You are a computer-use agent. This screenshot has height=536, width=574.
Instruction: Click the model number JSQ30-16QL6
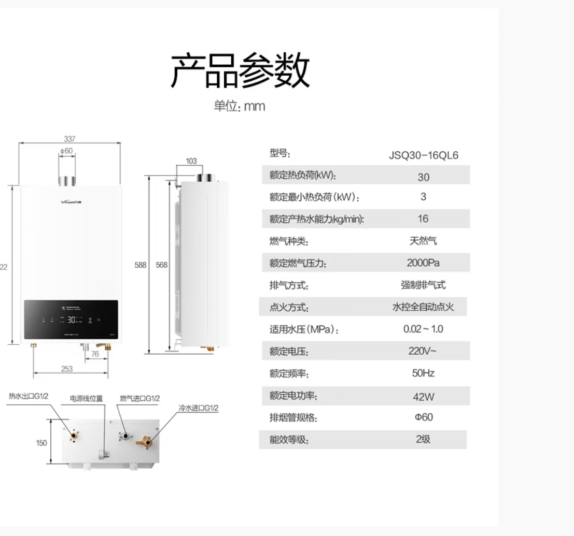click(423, 155)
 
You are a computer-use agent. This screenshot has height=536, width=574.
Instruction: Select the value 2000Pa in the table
click(423, 263)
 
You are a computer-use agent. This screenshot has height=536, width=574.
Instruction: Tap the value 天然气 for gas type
click(423, 241)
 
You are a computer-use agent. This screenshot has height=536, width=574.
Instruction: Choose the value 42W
click(423, 397)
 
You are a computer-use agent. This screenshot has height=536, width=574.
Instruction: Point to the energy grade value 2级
click(423, 439)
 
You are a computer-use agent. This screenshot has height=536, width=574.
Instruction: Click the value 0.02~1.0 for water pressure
click(423, 329)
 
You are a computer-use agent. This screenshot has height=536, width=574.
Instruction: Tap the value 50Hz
click(423, 373)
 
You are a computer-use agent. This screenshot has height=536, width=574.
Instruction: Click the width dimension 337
click(69, 139)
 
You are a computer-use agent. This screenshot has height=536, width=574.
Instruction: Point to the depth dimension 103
click(191, 161)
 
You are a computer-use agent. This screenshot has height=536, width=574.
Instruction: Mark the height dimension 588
click(141, 265)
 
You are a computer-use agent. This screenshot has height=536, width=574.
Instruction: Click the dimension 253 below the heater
click(67, 369)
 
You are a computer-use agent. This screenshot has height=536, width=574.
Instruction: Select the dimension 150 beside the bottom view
click(41, 443)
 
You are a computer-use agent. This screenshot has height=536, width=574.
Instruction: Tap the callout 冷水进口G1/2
click(199, 408)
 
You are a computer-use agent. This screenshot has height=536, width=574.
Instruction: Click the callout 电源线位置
click(87, 399)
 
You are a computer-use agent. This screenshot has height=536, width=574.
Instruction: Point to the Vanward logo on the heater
click(71, 202)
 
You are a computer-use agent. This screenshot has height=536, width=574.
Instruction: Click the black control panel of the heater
click(71, 320)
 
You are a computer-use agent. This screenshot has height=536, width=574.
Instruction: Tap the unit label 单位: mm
click(240, 107)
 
